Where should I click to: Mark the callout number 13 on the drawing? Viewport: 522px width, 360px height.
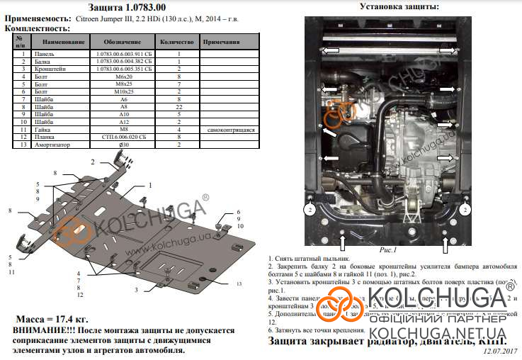tap(239, 283)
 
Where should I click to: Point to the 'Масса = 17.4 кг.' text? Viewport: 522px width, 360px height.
tap(53, 321)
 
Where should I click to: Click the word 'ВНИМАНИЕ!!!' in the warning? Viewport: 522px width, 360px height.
tap(37, 331)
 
